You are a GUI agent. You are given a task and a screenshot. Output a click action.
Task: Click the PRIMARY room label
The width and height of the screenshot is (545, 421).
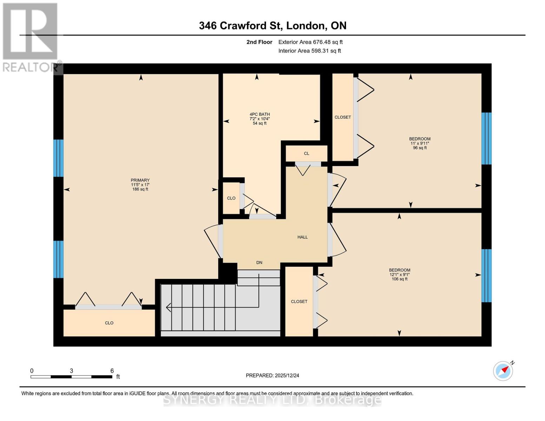[140, 180]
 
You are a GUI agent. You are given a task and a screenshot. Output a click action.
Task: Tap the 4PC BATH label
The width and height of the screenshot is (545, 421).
[260, 114]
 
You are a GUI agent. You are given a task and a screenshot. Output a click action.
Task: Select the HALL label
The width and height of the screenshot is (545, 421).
[303, 237]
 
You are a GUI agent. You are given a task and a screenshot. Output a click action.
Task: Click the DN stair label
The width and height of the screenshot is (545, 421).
[259, 262]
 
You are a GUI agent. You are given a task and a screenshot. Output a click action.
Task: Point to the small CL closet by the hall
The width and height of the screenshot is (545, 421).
[306, 153]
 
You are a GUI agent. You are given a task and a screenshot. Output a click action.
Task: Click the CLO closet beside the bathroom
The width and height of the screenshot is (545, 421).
[231, 198]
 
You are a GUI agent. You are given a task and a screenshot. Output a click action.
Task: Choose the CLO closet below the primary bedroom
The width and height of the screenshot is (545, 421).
[109, 323]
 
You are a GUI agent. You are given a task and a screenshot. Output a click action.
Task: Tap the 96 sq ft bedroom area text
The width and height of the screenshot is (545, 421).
[420, 148]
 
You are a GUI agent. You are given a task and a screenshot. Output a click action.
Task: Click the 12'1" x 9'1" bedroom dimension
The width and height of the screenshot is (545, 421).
[400, 275]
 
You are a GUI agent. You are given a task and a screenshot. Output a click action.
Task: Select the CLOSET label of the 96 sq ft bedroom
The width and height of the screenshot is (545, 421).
[343, 117]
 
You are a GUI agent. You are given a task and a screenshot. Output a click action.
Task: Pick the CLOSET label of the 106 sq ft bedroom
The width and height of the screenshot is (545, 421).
[299, 301]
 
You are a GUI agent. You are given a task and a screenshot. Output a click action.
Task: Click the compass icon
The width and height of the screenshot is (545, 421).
[503, 371]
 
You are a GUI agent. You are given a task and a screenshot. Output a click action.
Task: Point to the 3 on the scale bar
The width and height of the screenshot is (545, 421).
[72, 371]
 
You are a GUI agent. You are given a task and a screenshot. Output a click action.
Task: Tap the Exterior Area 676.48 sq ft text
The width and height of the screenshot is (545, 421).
[310, 42]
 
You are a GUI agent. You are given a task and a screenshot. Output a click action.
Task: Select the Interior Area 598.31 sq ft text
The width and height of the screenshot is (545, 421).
[310, 51]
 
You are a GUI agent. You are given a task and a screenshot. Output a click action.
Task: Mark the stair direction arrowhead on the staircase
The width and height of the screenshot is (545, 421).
[168, 307]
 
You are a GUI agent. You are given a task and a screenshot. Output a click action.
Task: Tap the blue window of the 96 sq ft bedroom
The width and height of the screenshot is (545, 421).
[486, 139]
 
